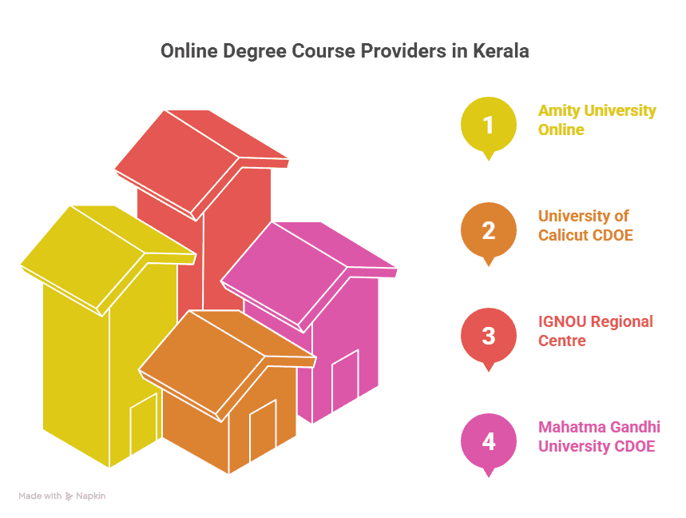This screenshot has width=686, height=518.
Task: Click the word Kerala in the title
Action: [x=501, y=51]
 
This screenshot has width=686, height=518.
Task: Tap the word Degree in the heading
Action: [x=255, y=52]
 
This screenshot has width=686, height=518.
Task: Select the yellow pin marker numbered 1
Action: [x=489, y=128]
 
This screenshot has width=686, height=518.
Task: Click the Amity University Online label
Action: [x=597, y=120]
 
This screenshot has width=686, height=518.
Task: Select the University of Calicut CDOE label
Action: [x=585, y=225]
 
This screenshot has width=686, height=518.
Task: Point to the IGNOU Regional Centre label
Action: [x=596, y=331]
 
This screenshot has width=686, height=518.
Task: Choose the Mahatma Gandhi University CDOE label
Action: [x=599, y=436]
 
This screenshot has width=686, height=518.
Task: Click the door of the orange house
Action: [x=263, y=430]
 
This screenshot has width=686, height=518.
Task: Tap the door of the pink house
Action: [x=345, y=380]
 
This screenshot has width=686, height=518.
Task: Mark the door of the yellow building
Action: [x=144, y=424]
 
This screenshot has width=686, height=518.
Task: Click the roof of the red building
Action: [x=201, y=164]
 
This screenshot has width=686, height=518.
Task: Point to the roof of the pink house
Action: [x=308, y=277]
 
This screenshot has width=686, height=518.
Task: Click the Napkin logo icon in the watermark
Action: [x=69, y=496]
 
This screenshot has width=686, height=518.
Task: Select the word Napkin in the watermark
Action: [x=90, y=496]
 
